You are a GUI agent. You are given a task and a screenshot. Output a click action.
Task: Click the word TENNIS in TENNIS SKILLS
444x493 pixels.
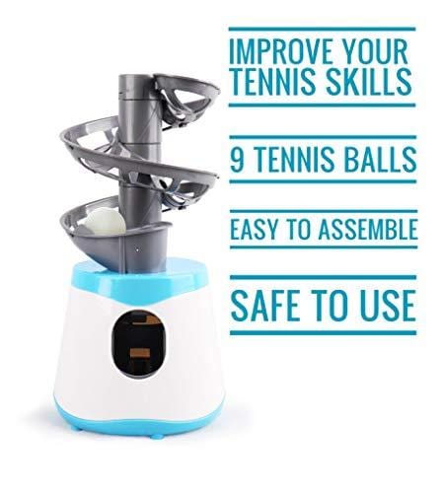click(x=277, y=83)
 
